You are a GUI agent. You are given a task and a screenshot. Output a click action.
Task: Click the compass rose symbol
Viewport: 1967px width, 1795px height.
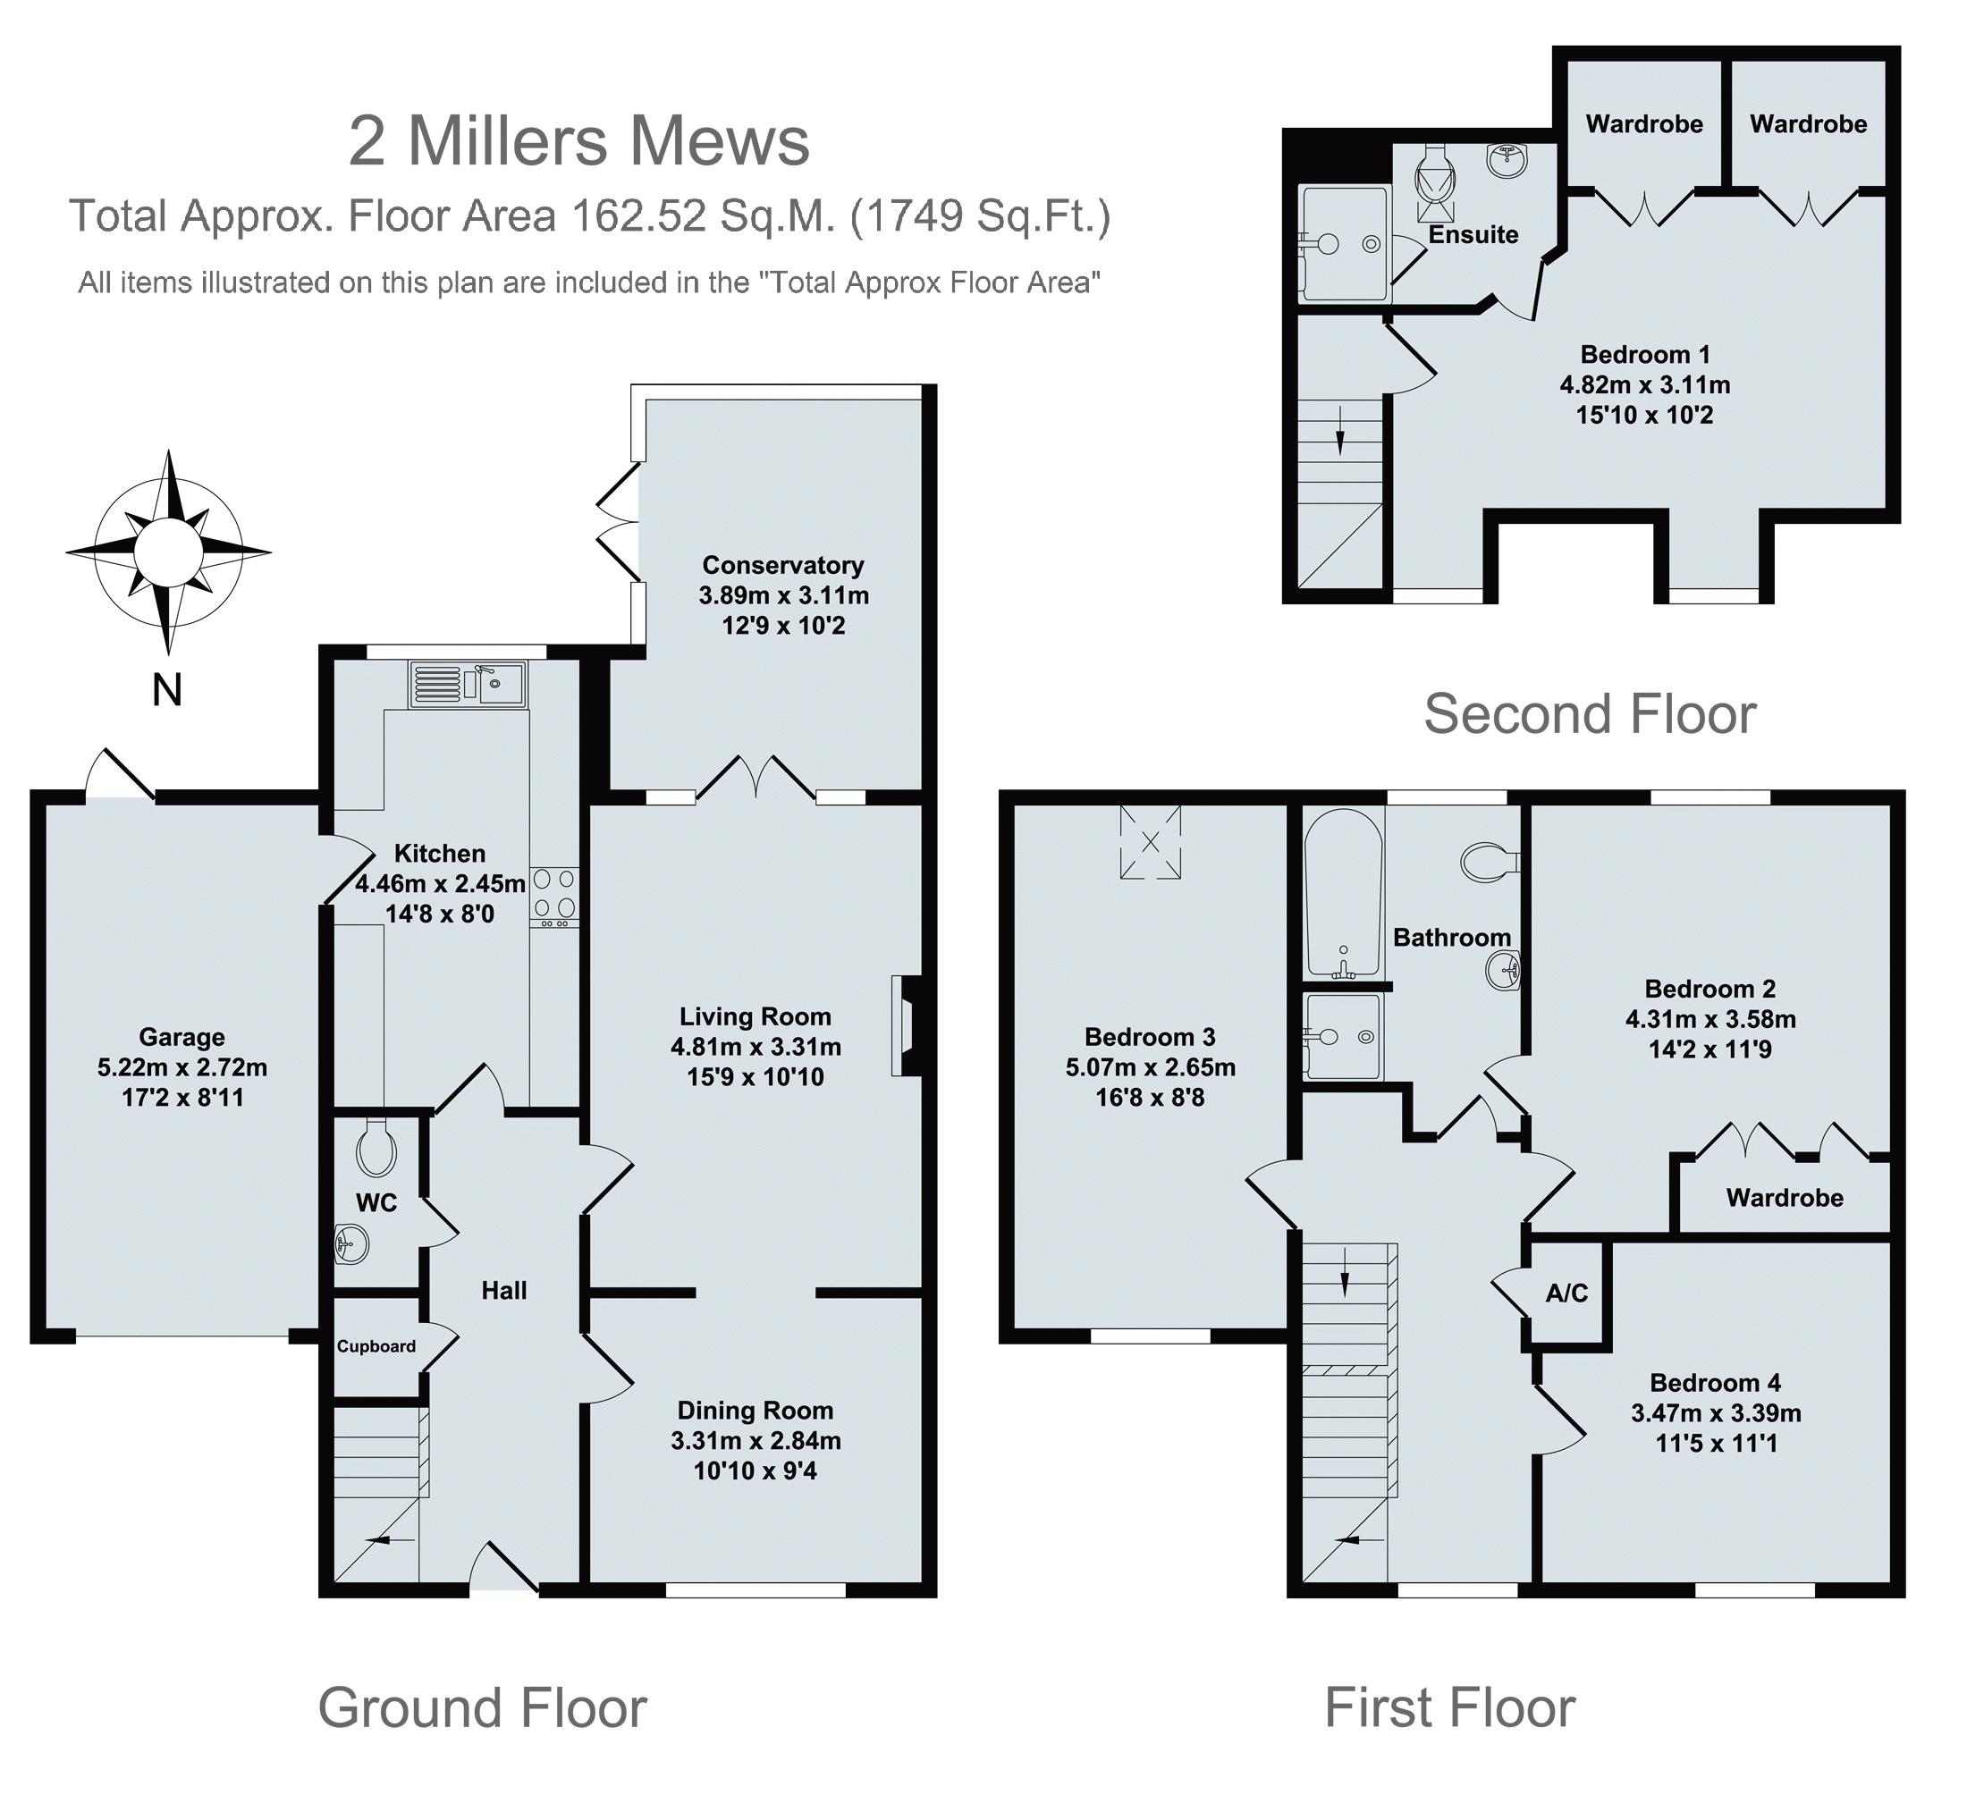tap(169, 552)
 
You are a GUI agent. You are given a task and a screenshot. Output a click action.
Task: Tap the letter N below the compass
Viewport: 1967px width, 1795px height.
tap(167, 691)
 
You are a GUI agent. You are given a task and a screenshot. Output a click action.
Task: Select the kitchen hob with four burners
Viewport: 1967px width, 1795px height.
tap(554, 897)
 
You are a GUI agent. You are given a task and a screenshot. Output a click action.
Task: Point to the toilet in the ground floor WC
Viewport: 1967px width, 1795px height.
tap(376, 1148)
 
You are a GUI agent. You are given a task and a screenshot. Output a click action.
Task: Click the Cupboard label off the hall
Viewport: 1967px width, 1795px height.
tap(376, 1346)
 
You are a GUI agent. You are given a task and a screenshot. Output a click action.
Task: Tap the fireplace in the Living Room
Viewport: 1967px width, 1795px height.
tap(905, 1026)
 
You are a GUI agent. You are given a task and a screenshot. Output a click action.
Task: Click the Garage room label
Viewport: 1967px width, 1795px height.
tap(182, 1036)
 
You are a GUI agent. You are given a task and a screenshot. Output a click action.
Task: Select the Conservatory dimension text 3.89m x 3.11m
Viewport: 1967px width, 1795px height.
tap(783, 595)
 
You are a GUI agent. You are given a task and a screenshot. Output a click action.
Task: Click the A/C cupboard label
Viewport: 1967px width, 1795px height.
tap(1567, 1293)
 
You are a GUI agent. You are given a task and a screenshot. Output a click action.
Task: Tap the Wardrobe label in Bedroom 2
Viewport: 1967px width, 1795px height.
tap(1785, 1198)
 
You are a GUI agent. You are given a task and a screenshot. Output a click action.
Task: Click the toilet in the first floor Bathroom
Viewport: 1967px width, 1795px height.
tap(1490, 861)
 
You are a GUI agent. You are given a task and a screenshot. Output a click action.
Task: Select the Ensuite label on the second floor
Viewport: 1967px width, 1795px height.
tap(1473, 234)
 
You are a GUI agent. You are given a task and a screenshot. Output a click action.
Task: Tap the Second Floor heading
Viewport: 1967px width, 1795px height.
tap(1591, 713)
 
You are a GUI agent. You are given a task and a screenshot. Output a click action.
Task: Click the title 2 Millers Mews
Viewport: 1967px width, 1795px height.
tap(579, 140)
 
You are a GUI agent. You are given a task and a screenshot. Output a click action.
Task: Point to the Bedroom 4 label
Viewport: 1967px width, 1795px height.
tap(1715, 1382)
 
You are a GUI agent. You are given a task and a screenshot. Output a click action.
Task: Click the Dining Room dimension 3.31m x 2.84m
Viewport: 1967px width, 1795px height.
tap(756, 1440)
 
